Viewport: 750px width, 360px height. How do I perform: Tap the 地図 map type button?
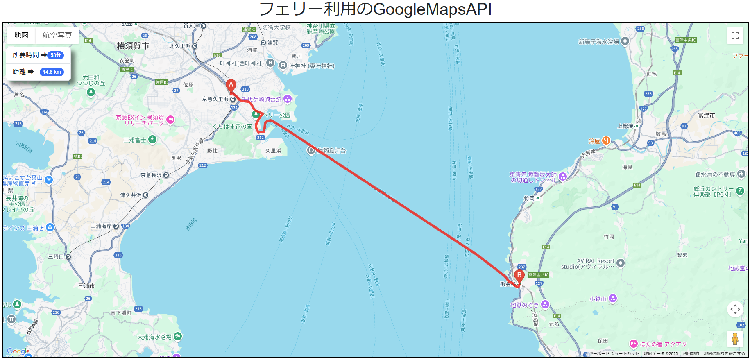pos(21,36)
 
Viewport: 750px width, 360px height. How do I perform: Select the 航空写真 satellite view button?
pos(57,36)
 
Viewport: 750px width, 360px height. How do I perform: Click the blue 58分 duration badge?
pos(56,55)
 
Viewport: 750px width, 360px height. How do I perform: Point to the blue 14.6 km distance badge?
pos(52,72)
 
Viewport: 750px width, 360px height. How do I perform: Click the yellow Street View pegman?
pos(735,339)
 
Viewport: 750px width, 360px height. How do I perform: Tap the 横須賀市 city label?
pos(133,46)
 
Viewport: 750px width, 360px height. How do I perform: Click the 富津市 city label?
pos(706,115)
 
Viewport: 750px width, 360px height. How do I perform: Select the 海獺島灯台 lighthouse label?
pos(331,151)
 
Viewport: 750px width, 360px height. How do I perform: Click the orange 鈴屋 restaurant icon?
pos(606,141)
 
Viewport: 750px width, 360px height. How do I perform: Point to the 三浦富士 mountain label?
pos(135,140)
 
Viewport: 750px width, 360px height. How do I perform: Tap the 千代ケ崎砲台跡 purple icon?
pos(288,99)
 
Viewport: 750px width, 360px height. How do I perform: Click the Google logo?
pos(18,351)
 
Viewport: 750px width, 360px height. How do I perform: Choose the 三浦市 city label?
pos(86,286)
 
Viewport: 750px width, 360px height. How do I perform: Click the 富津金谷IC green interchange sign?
pos(538,275)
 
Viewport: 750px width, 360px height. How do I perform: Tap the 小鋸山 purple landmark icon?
pos(612,298)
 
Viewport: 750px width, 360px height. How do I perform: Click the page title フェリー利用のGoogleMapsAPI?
pos(375,9)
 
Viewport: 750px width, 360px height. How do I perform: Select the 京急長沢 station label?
pos(151,175)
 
